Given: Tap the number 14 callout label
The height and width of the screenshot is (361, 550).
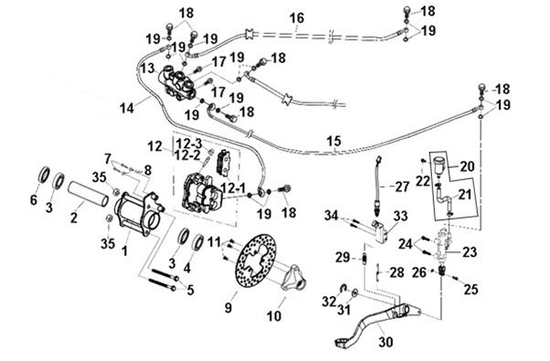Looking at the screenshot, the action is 127,108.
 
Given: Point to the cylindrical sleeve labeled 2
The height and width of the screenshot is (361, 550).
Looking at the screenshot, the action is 90,195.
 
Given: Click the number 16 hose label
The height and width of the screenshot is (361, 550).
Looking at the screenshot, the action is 297,17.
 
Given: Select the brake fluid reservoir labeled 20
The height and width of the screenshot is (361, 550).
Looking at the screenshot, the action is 439,165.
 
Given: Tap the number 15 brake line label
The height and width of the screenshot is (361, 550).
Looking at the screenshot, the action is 333,142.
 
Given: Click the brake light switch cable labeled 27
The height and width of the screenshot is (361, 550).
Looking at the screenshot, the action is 378,186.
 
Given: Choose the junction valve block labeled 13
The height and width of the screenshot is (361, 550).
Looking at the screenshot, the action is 178,83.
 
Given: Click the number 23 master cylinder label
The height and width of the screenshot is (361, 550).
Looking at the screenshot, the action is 470,251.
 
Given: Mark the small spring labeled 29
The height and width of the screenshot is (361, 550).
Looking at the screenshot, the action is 365,259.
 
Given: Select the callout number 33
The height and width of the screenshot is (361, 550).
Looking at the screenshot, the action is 400,216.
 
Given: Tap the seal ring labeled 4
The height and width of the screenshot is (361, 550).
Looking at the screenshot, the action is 200,242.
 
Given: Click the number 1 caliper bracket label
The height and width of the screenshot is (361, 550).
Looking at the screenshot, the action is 124,251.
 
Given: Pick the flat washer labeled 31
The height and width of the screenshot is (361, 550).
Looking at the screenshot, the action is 354,292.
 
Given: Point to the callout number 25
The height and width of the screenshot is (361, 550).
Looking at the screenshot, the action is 471,289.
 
